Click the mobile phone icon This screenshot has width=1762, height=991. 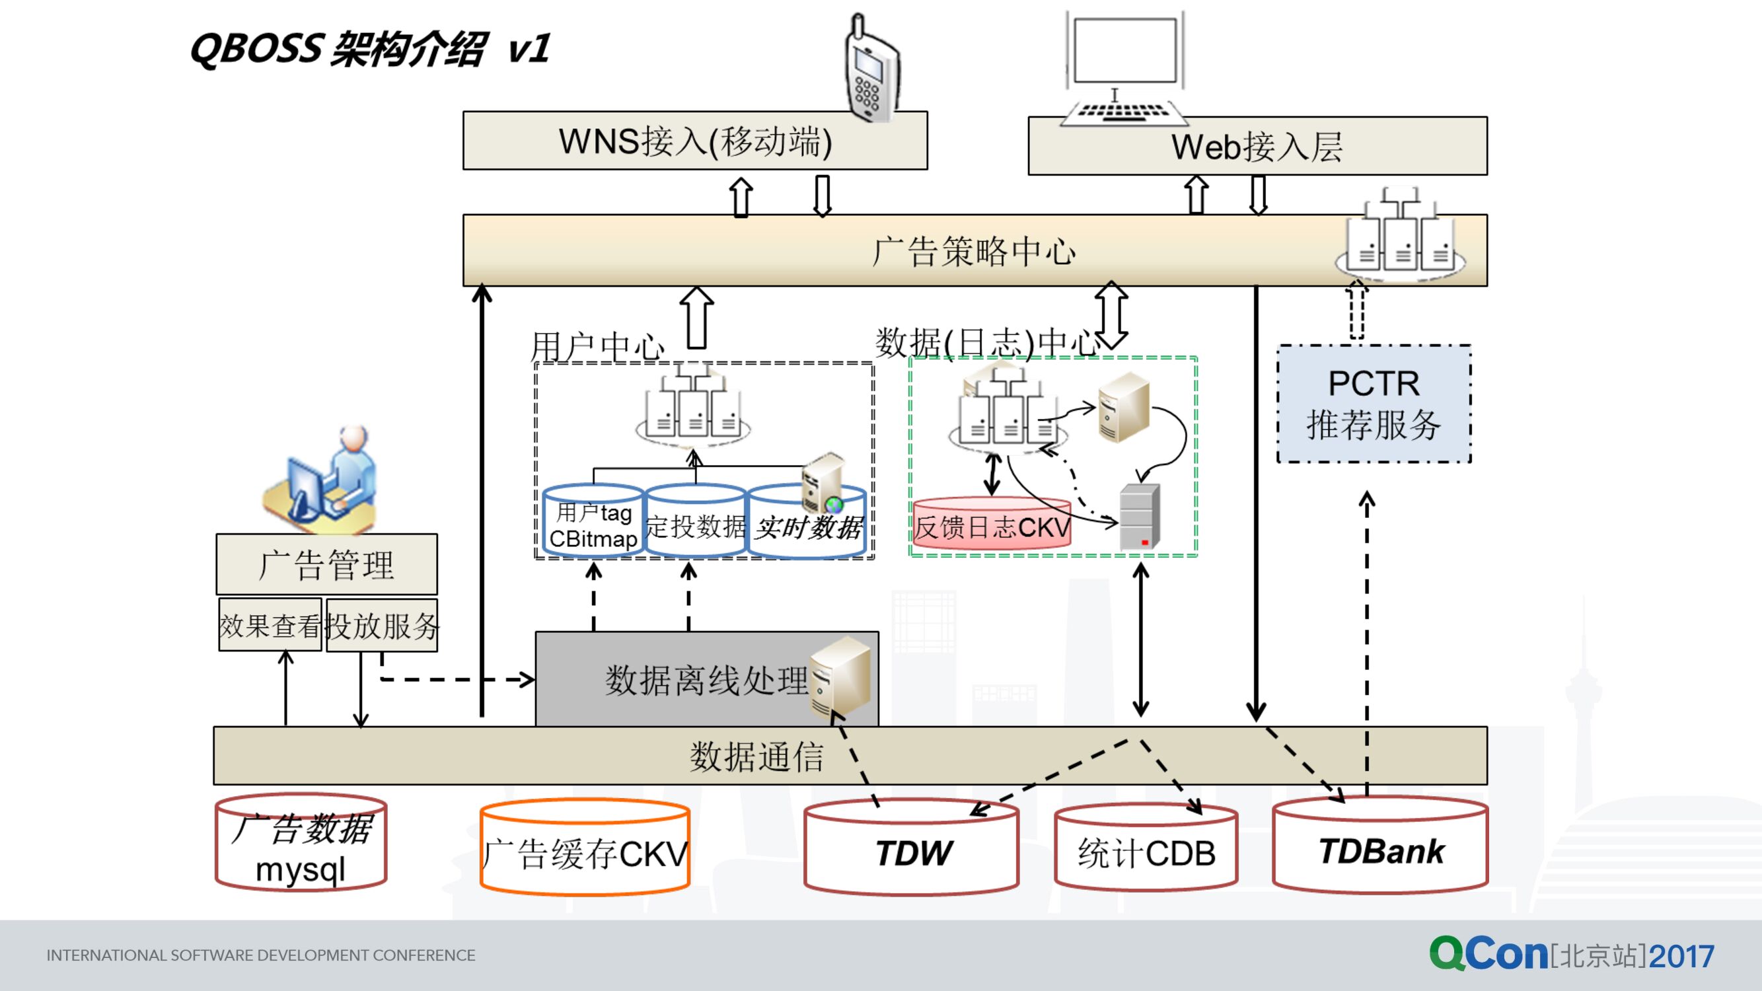871,69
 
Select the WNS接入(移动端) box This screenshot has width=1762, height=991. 694,141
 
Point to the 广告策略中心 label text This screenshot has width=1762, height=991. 974,251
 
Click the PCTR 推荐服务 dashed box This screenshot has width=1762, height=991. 1374,404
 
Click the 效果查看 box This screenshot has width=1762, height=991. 270,625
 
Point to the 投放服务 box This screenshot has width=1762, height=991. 382,625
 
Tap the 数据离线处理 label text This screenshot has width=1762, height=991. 706,680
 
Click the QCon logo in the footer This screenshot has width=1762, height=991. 1488,953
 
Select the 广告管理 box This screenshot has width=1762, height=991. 326,564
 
